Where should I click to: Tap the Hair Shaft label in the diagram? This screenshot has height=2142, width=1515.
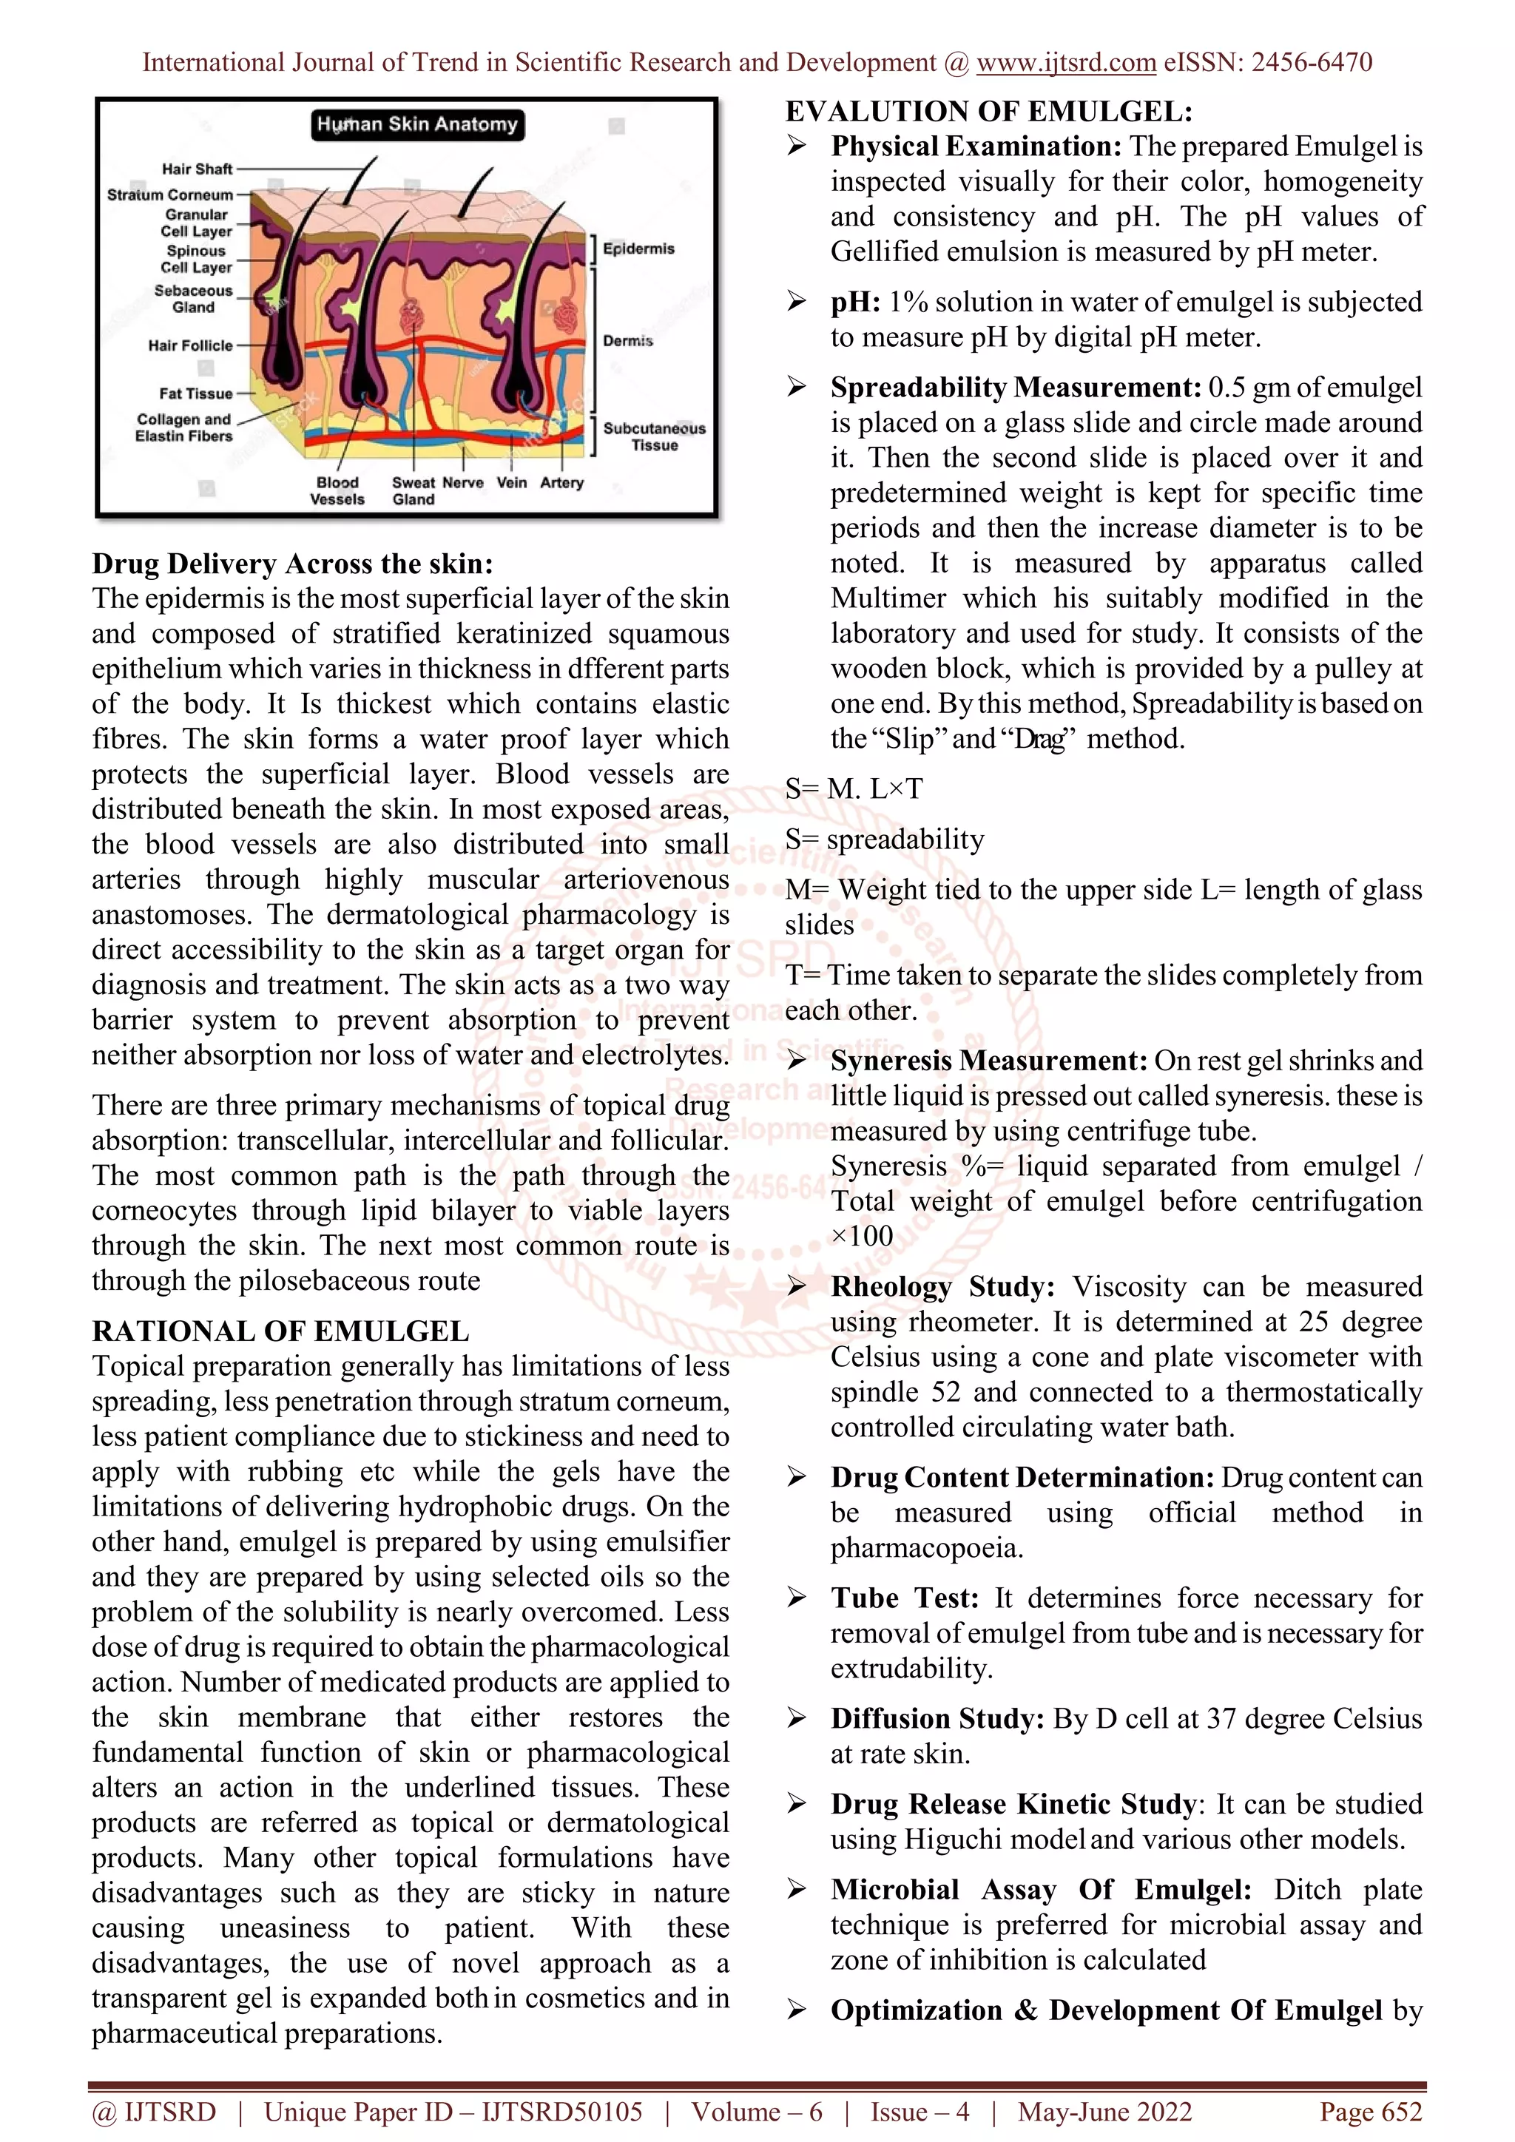point(197,169)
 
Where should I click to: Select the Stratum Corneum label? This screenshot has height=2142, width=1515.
point(170,195)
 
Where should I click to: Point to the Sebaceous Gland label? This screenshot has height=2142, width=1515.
point(193,299)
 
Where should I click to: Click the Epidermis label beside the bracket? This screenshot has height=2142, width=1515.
point(638,249)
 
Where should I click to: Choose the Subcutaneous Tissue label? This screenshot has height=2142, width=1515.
point(654,436)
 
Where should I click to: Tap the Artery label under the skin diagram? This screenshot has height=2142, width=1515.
point(561,482)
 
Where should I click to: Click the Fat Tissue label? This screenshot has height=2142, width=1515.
point(195,393)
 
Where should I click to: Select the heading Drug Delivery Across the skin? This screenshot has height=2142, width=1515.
point(292,564)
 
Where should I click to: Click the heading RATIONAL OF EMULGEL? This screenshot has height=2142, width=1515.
point(280,1331)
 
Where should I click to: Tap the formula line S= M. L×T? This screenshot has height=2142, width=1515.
point(854,789)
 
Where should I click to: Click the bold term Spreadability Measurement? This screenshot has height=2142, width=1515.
point(1015,387)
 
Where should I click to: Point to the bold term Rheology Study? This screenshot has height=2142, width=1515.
point(942,1286)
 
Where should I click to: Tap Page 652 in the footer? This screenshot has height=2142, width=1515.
point(1369,2112)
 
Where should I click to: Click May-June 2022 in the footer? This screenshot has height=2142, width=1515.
point(1104,2112)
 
